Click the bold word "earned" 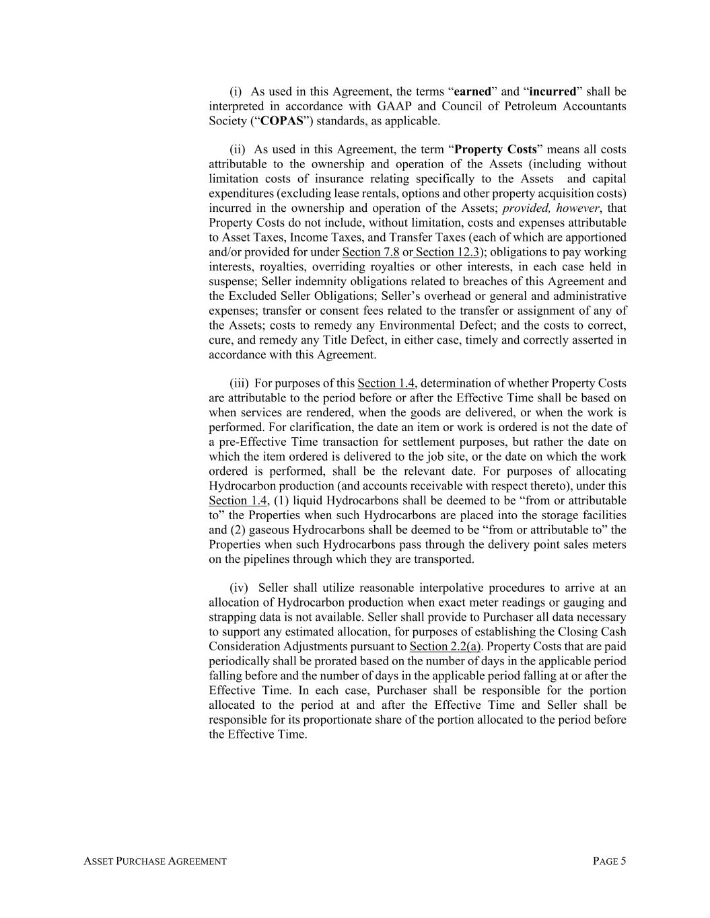(x=473, y=91)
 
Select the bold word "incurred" (x=553, y=91)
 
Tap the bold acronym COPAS (x=281, y=121)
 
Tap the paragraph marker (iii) (x=240, y=383)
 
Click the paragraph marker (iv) (x=239, y=588)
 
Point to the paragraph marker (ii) (x=238, y=149)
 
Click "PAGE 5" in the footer (x=610, y=861)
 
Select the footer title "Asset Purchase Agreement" (x=155, y=861)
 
